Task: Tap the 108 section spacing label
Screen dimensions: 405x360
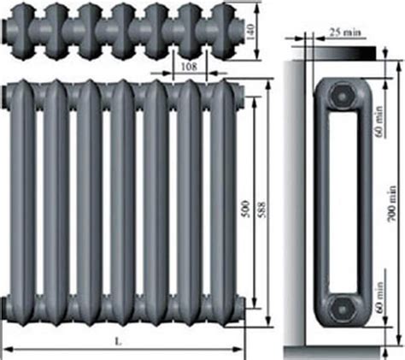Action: [189, 67]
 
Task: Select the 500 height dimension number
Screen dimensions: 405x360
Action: [246, 210]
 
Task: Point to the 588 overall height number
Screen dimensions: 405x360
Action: [261, 210]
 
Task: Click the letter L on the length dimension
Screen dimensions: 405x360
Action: [118, 341]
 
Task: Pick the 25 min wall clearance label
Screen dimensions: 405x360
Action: [345, 32]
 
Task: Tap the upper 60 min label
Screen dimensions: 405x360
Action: [379, 121]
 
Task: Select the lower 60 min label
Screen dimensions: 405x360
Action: [379, 298]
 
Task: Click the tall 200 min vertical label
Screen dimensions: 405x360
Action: [392, 204]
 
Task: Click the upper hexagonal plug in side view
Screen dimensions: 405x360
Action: [342, 95]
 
